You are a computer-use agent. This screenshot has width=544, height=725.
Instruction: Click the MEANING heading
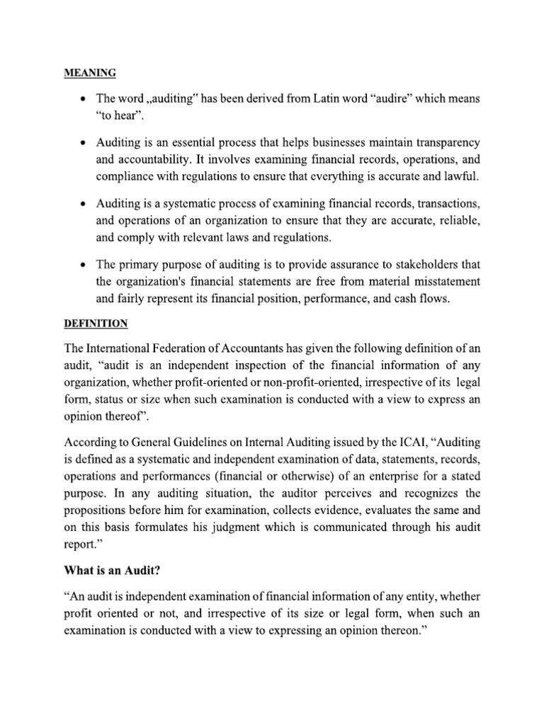[90, 72]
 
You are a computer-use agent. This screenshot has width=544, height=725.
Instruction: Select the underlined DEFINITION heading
[96, 323]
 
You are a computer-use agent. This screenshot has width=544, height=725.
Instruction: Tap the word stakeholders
[418, 264]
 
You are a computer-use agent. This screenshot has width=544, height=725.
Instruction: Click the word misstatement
[447, 281]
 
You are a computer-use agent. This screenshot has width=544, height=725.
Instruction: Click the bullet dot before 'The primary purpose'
[85, 265]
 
